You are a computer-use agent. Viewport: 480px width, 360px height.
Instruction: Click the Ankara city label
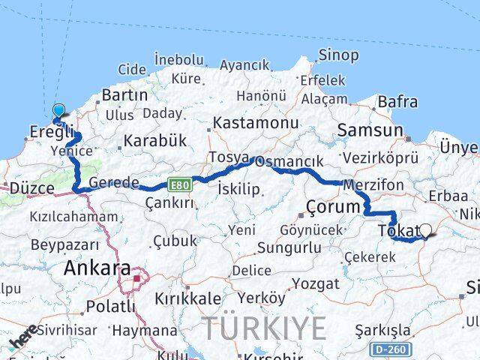pyautogui.click(x=97, y=268)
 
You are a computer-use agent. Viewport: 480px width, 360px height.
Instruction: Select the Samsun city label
pyautogui.click(x=370, y=130)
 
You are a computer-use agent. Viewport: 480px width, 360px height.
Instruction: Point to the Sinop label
pyautogui.click(x=338, y=54)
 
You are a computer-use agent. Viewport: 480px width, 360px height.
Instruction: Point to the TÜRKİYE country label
pyautogui.click(x=265, y=328)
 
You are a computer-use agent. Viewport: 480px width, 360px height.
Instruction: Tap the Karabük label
pyautogui.click(x=154, y=140)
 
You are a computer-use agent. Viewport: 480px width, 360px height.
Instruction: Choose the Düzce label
pyautogui.click(x=29, y=187)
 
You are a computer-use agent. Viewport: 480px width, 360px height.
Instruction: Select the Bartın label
pyautogui.click(x=124, y=95)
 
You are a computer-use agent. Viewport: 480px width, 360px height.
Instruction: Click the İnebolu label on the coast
pyautogui.click(x=178, y=59)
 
